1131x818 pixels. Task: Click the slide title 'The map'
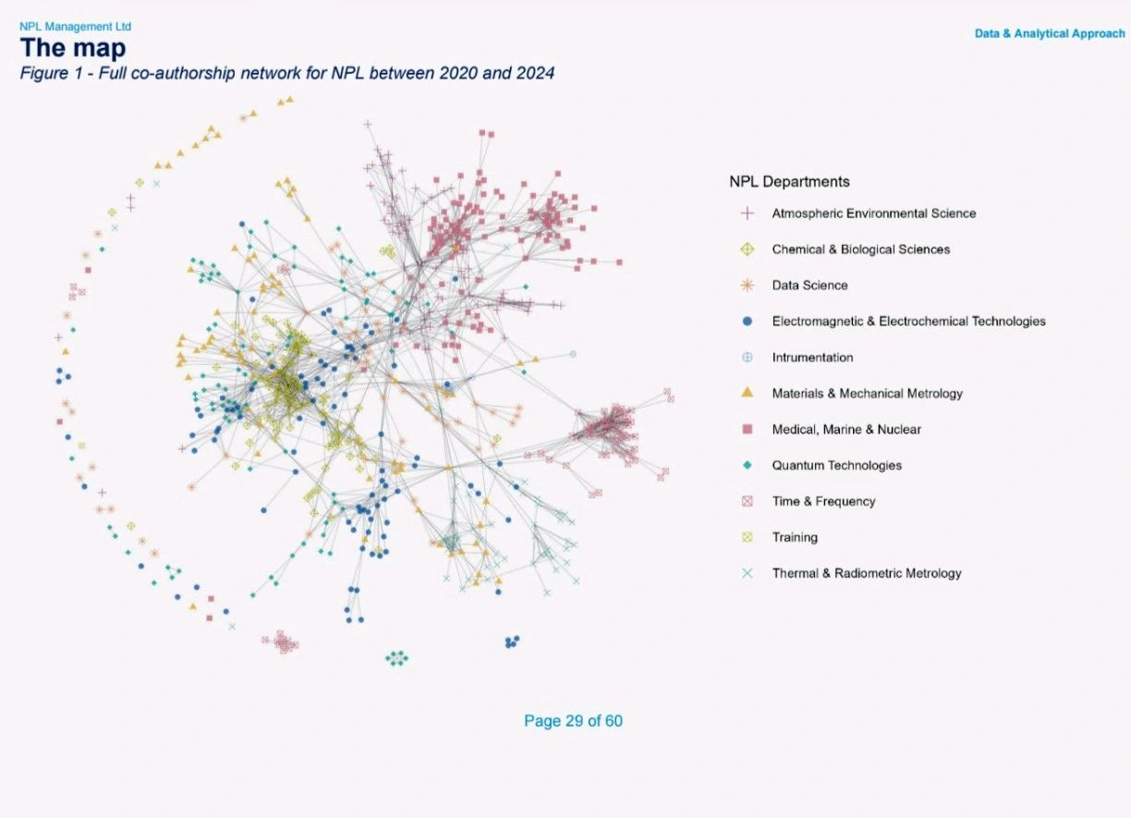(x=73, y=48)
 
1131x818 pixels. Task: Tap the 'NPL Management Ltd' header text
(x=75, y=26)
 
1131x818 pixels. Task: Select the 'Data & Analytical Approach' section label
(x=1050, y=33)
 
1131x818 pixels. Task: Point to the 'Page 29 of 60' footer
(x=573, y=721)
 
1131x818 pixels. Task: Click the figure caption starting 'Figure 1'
(x=286, y=73)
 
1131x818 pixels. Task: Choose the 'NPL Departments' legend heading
(x=789, y=181)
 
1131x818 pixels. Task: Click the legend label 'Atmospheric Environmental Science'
(x=873, y=214)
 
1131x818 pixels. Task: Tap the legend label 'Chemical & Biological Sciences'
(x=861, y=249)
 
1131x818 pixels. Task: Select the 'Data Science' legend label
(x=809, y=286)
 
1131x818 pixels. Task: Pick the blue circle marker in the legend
(x=748, y=321)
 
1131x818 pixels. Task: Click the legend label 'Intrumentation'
(x=812, y=358)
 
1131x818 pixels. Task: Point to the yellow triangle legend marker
(x=748, y=392)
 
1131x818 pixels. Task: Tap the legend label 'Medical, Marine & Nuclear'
(x=846, y=429)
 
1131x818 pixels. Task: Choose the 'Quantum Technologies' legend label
(x=836, y=465)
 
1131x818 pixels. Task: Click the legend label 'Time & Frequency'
(x=823, y=501)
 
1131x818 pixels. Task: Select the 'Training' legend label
(x=795, y=537)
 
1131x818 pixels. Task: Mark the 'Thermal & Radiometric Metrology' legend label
(x=867, y=573)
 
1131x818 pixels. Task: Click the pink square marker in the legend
(x=748, y=429)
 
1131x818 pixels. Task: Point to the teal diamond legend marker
(x=748, y=465)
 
